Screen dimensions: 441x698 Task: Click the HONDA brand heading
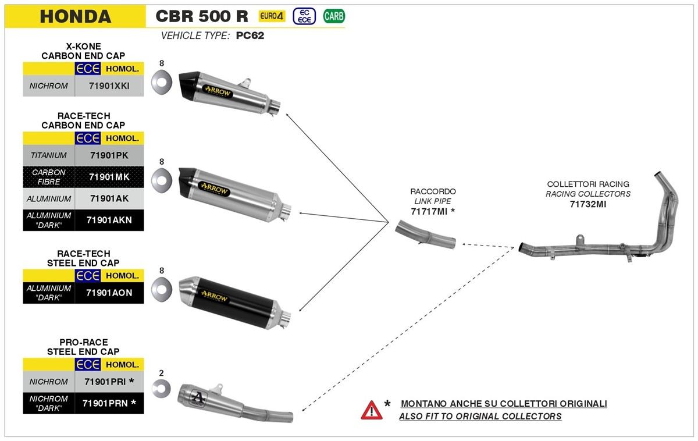[x=75, y=16]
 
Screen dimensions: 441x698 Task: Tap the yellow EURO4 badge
[x=272, y=16]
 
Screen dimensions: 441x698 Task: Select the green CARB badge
[x=334, y=16]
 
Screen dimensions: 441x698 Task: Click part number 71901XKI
[x=109, y=87]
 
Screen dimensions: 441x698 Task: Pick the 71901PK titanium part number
[x=109, y=155]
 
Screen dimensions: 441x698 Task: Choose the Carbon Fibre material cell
[x=49, y=177]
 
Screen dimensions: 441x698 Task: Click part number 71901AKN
[x=109, y=220]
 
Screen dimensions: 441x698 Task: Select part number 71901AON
[x=109, y=293]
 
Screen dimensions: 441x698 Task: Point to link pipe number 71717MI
[x=429, y=211]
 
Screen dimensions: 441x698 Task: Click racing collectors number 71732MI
[x=588, y=204]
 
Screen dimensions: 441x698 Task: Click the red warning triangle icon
[x=371, y=410]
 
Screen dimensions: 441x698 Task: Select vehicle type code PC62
[x=250, y=36]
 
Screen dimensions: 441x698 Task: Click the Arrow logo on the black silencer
[x=214, y=297]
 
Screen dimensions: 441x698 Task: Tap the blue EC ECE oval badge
[x=304, y=16]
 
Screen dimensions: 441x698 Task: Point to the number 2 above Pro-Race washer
[x=161, y=373]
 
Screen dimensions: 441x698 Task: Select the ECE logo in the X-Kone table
[x=88, y=69]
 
